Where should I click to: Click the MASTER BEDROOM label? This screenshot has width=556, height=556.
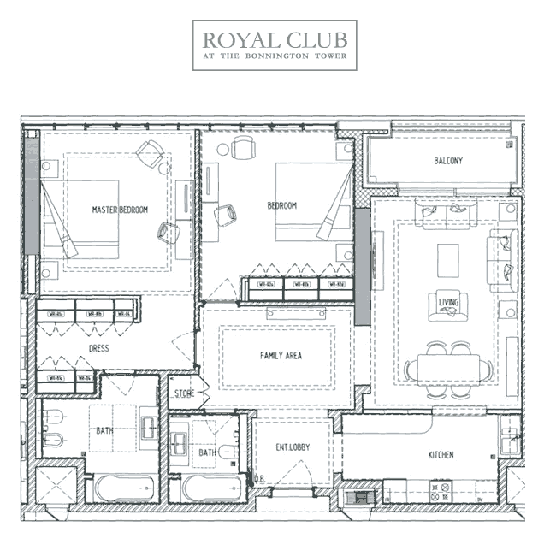(120, 210)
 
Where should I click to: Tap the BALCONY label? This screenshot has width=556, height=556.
(448, 161)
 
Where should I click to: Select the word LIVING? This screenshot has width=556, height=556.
(448, 302)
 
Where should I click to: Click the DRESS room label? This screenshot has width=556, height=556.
(99, 349)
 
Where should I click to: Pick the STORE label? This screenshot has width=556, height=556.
(185, 394)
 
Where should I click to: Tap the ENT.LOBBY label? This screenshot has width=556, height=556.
(293, 448)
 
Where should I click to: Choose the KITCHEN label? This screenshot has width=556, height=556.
(441, 455)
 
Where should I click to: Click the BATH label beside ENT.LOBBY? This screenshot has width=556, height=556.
(207, 452)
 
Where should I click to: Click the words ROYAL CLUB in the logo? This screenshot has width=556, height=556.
(275, 39)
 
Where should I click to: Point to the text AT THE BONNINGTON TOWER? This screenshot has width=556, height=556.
(275, 58)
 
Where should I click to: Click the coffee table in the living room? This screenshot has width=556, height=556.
(448, 261)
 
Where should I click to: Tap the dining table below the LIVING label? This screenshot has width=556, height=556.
(448, 368)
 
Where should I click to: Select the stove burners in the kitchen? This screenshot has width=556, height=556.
(439, 492)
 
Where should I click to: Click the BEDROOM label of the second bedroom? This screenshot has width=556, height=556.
(281, 206)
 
